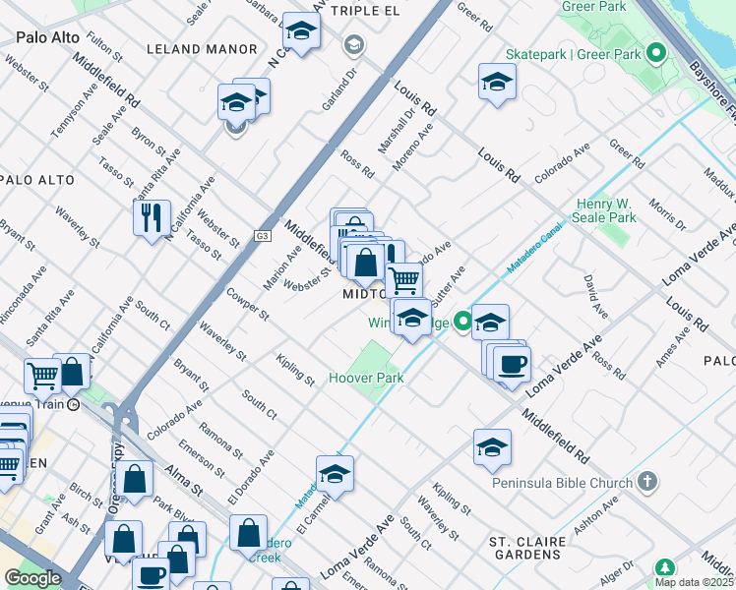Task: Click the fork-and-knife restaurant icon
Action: (x=152, y=217)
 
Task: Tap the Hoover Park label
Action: (x=366, y=378)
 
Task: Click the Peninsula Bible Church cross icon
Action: (x=646, y=481)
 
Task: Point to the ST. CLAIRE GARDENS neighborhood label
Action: (x=527, y=550)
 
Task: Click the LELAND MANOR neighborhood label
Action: (x=201, y=48)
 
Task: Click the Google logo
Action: (x=32, y=578)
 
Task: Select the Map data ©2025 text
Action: (x=695, y=582)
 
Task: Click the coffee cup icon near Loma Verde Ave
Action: (x=512, y=363)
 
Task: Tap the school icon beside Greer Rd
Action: (x=497, y=82)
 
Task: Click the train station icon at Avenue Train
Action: (x=73, y=404)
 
